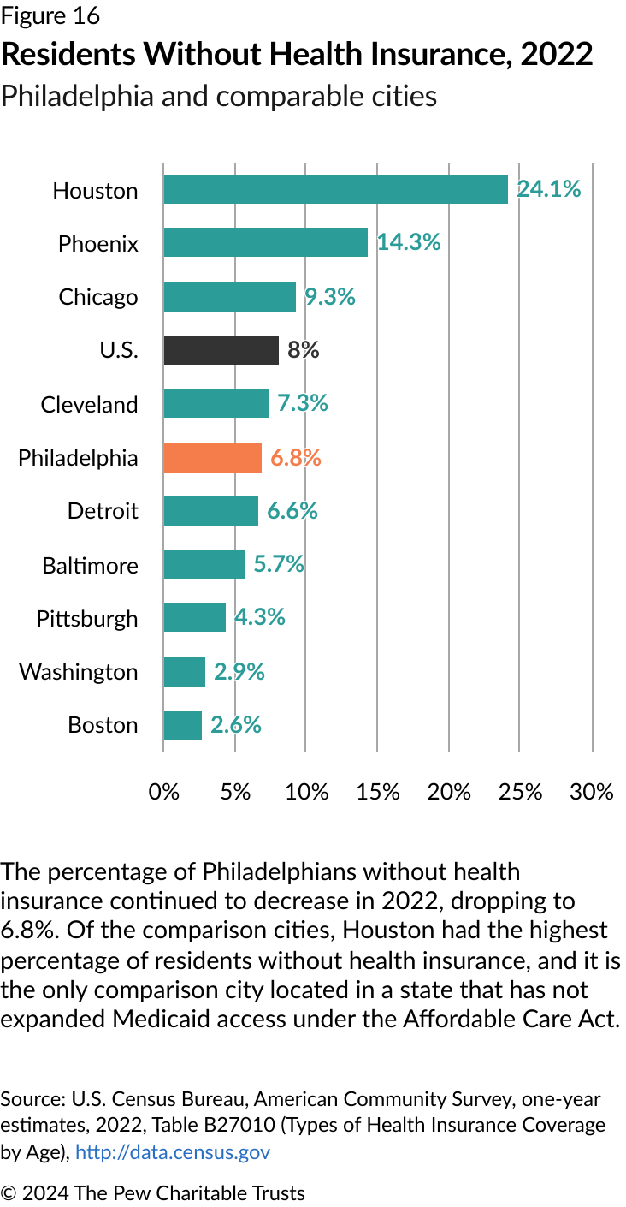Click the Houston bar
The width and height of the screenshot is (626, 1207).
coord(335,189)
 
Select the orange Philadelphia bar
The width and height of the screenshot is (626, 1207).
coord(212,458)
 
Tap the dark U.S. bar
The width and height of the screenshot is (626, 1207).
coord(221,350)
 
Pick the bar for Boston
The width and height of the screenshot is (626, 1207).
coord(182,725)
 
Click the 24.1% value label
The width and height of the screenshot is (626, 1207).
coord(548,189)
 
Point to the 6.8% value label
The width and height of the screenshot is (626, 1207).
coord(295,458)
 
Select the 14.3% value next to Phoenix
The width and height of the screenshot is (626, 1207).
coord(408,243)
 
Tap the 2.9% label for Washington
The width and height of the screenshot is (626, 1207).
coord(239,672)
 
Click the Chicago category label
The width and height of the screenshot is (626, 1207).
coord(97,297)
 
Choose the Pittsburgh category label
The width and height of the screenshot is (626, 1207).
coord(86,619)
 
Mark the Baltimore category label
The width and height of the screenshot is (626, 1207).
coord(90,566)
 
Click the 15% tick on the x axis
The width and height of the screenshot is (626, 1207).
coord(378,792)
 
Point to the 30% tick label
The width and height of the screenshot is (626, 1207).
coord(592,792)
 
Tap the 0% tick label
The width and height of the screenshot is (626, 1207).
coord(163,792)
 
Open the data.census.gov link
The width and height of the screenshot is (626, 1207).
coord(173,1152)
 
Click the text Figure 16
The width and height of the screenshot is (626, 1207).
coord(50,15)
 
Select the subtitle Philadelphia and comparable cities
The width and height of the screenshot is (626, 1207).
coord(218,96)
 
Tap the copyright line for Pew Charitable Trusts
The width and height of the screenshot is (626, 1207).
coord(152,1192)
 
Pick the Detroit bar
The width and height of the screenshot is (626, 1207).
coord(210,511)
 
